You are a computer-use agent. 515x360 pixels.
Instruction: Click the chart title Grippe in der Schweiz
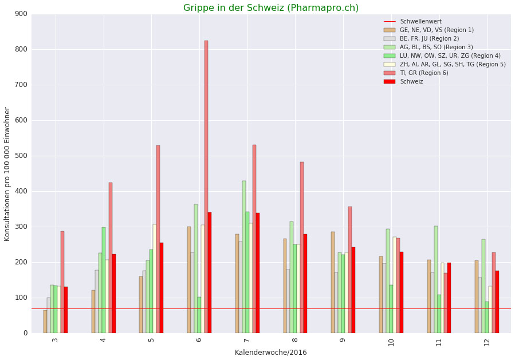271,8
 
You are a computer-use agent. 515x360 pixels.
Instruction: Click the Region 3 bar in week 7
244,257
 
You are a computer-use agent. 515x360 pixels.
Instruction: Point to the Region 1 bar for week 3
45,322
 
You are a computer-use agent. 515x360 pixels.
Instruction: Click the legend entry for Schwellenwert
420,22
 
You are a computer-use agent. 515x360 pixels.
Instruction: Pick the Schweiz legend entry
411,82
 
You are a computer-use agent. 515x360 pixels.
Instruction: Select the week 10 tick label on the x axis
392,342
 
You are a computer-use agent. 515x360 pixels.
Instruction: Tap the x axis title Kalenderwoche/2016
271,353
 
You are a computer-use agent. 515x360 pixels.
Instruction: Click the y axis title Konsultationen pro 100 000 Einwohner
7,174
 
